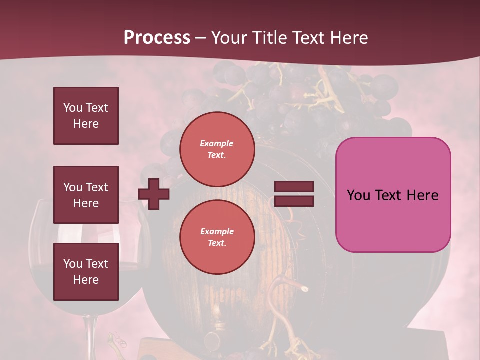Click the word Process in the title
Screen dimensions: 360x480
click(157, 38)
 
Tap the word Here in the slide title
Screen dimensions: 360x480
click(349, 38)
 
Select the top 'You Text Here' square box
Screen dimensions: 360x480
click(86, 116)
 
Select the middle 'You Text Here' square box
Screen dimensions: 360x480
click(86, 195)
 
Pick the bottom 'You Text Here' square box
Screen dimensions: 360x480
click(86, 272)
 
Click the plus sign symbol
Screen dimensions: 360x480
click(154, 194)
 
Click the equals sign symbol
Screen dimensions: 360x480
click(294, 194)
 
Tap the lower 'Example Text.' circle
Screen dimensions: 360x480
click(217, 237)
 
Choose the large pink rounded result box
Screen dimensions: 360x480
click(393, 195)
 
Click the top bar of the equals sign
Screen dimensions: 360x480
click(294, 187)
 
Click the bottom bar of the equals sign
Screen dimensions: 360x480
click(294, 201)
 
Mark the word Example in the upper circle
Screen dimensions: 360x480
click(217, 143)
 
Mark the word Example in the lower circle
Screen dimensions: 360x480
click(217, 231)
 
